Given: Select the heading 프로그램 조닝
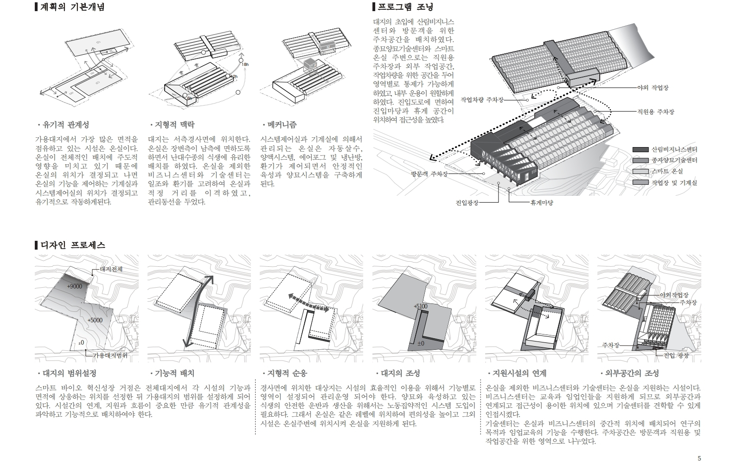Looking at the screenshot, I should tap(405, 7).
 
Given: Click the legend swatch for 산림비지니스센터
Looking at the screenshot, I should tap(640, 149).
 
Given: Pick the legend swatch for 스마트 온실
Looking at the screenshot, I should tap(640, 172).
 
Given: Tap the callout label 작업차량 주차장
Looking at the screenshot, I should tap(482, 100).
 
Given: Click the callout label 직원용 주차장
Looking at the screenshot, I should tap(655, 112).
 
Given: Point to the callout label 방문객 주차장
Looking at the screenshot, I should tap(429, 174).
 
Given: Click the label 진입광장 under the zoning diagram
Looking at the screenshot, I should tap(467, 202).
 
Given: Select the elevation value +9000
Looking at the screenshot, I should tap(74, 286).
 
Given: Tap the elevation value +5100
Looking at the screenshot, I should tap(420, 307).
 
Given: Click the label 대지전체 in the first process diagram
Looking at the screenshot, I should tap(111, 269).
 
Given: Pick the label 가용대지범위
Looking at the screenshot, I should tap(110, 355).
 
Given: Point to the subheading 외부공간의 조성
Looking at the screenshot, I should tap(632, 373).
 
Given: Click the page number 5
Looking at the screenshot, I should tap(699, 458).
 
